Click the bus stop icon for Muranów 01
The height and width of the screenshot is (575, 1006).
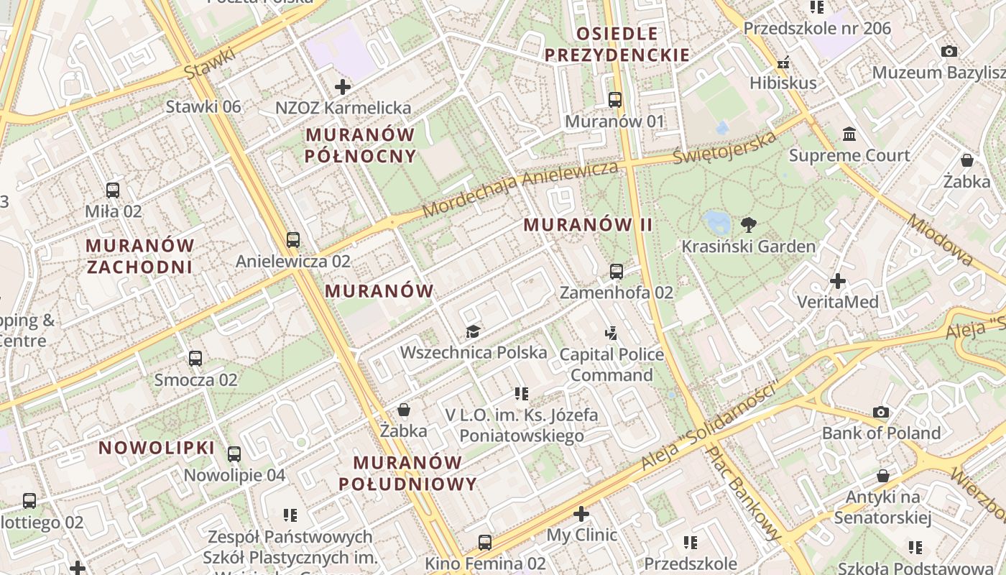tap(615, 100)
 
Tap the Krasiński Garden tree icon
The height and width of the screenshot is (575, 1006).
tap(749, 225)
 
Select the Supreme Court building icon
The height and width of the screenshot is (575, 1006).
tap(849, 134)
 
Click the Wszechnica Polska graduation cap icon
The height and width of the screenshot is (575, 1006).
tap(473, 331)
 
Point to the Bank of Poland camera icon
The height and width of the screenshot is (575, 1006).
tap(881, 412)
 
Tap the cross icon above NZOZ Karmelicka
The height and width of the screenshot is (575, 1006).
tap(343, 87)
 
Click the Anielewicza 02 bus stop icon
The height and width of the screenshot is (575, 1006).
tap(292, 240)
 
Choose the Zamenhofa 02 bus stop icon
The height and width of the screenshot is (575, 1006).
tap(616, 272)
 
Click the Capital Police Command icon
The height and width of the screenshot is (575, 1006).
tap(612, 333)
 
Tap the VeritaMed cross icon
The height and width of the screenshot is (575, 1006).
tap(837, 281)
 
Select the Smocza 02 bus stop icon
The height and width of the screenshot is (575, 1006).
tap(195, 359)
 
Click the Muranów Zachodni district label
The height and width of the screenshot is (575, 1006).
tap(140, 256)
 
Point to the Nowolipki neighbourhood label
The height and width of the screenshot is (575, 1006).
tap(157, 448)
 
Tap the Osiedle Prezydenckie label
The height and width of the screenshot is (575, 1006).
tap(617, 44)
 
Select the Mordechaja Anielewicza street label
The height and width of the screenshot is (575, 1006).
tap(520, 189)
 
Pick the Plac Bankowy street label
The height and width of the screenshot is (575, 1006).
tap(743, 493)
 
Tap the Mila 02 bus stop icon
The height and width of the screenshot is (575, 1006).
tap(113, 190)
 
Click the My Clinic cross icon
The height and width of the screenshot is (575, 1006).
tap(581, 514)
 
